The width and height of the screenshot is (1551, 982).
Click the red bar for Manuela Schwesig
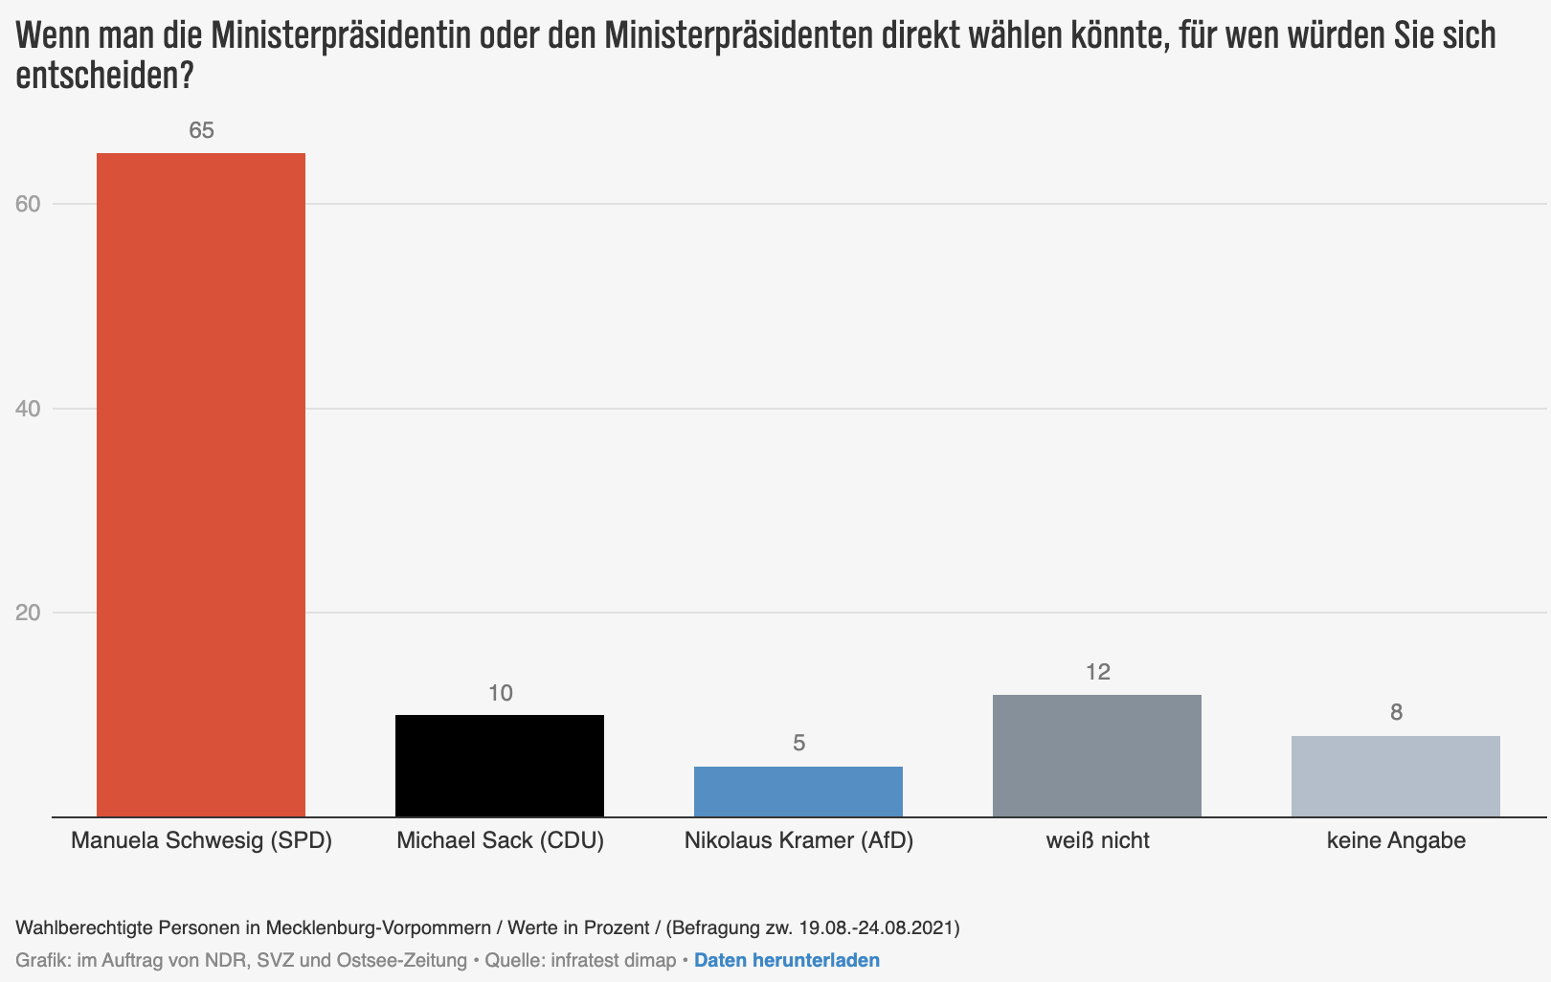click(201, 484)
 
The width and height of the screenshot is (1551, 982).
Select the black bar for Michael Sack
click(500, 766)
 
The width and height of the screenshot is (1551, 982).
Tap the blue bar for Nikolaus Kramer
click(798, 792)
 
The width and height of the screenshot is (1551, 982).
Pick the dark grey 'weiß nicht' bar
click(1097, 755)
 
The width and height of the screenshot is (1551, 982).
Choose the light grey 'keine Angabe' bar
click(1396, 776)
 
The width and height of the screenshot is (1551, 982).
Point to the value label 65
click(201, 131)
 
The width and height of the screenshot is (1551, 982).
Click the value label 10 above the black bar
click(500, 693)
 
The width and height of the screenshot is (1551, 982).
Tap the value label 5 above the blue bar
click(798, 744)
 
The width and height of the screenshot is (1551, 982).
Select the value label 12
click(1097, 672)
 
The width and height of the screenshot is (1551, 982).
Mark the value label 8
click(1396, 712)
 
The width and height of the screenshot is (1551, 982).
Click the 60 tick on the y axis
click(28, 204)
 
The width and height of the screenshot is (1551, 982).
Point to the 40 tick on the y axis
click(28, 409)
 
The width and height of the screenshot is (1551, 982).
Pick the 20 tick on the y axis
click(28, 613)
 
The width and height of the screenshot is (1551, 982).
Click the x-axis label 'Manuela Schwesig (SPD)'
click(201, 841)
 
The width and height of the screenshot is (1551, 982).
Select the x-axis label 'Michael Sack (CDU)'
click(500, 841)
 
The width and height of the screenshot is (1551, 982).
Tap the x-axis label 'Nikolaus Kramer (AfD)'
click(798, 841)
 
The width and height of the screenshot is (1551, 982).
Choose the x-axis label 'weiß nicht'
click(1097, 841)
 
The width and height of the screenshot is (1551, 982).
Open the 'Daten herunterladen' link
click(786, 960)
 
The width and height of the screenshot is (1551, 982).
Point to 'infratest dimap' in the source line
click(613, 960)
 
